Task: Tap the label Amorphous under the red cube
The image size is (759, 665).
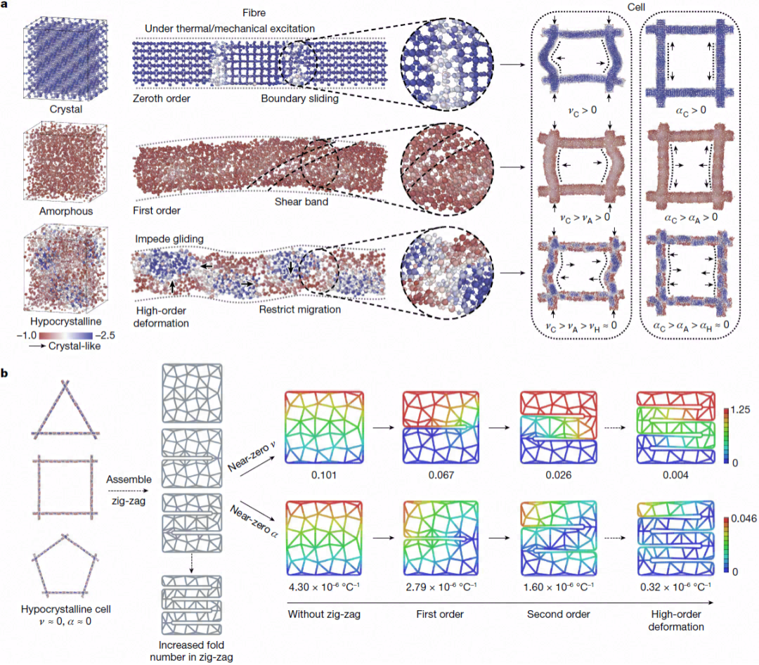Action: pos(66,211)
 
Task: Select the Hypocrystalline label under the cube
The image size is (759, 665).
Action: pos(66,321)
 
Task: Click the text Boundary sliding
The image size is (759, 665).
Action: pos(299,98)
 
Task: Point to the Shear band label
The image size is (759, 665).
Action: pos(301,202)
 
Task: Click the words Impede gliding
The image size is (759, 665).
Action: pos(169,239)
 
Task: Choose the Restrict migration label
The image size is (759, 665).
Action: pos(299,309)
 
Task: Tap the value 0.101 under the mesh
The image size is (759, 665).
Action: pos(324,475)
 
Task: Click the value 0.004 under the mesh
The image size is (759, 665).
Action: pos(675,475)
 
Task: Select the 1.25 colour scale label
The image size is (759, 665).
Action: pos(740,410)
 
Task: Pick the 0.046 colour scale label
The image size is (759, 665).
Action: pos(744,519)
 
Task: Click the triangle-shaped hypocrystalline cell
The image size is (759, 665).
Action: pos(65,410)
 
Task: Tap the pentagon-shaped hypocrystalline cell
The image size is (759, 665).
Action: pos(65,564)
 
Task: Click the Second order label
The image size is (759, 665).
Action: pos(558,614)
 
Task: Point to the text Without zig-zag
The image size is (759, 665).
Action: pos(324,614)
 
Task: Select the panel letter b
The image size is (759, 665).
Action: pos(5,373)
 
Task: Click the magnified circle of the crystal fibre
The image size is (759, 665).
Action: pos(447,65)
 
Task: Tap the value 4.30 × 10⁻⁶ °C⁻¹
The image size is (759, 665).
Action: pos(324,586)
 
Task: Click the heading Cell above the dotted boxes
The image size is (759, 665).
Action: pos(636,7)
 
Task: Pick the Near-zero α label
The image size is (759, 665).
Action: pos(254,522)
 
